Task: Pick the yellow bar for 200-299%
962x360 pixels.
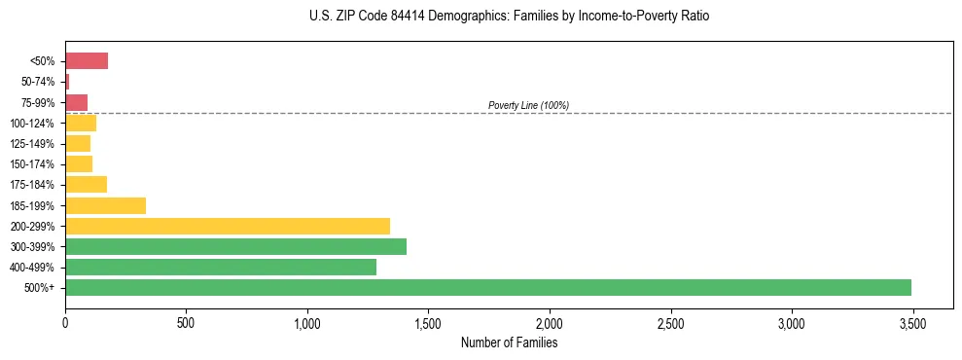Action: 228,226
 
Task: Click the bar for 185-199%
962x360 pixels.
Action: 105,205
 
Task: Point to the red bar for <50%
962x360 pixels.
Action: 87,61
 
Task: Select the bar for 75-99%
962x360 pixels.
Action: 76,102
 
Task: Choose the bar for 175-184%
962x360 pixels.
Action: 86,185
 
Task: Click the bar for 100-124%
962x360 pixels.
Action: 81,123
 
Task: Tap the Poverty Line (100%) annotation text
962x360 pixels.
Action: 528,105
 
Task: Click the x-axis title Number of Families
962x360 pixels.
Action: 509,342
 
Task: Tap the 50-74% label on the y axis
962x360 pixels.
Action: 39,82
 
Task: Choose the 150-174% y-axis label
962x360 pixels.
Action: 36,164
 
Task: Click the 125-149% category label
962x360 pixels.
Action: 36,144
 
